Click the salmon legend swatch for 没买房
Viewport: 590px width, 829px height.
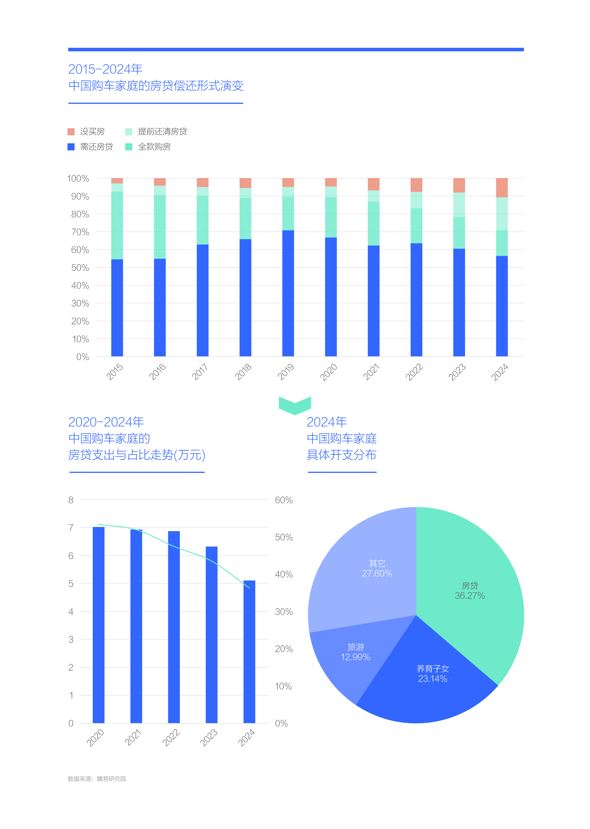[x=71, y=132]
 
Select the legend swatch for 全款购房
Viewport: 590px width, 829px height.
[x=129, y=147]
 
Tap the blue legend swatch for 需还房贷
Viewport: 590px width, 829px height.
[x=71, y=147]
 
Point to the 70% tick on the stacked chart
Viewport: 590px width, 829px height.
[x=80, y=232]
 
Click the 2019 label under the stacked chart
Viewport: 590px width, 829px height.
[x=286, y=372]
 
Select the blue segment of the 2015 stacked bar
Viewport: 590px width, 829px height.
[x=117, y=308]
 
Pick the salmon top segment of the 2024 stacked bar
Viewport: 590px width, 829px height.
[x=502, y=188]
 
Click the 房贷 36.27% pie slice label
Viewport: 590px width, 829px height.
[x=470, y=590]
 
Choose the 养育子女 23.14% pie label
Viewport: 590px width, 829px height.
[x=432, y=673]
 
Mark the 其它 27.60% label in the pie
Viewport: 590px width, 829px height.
[x=377, y=568]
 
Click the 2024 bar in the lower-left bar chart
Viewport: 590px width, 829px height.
[x=249, y=652]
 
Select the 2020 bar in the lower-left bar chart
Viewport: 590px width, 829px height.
[x=98, y=625]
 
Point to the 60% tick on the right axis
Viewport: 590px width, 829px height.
[x=283, y=500]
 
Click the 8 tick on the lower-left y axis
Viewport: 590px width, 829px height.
[x=71, y=500]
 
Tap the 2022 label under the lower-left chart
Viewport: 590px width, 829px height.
[x=171, y=738]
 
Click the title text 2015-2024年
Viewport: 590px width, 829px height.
[x=105, y=69]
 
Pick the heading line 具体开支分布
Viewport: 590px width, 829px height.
[x=341, y=455]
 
